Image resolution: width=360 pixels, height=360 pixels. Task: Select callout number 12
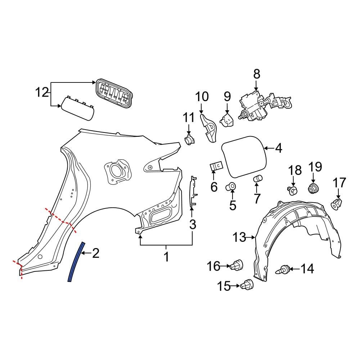[42, 93]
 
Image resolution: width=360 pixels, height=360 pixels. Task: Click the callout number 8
[256, 74]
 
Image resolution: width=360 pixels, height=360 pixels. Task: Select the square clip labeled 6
[216, 166]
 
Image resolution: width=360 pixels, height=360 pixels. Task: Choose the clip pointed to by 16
[238, 266]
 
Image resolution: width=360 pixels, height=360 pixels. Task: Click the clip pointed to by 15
[248, 285]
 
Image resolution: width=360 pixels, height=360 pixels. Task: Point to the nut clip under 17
[337, 204]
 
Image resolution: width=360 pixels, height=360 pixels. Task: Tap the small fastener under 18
[293, 190]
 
